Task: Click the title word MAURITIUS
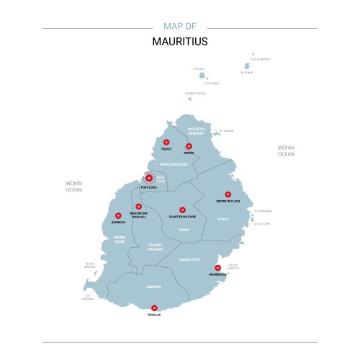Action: [180, 41]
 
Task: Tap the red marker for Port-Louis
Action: [149, 178]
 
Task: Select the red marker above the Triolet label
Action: [166, 142]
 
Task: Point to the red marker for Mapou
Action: [189, 145]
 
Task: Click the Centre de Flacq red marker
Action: [228, 194]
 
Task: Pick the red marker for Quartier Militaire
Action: [182, 210]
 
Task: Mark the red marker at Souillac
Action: [154, 307]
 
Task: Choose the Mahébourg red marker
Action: [217, 267]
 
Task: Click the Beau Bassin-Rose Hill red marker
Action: [138, 207]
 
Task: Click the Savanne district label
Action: [153, 287]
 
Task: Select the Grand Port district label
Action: [190, 258]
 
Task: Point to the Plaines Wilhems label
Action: [155, 247]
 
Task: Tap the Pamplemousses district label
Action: [173, 164]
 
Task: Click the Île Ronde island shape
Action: [246, 66]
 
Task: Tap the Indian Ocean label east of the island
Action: [286, 150]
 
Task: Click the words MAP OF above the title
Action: [180, 26]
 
